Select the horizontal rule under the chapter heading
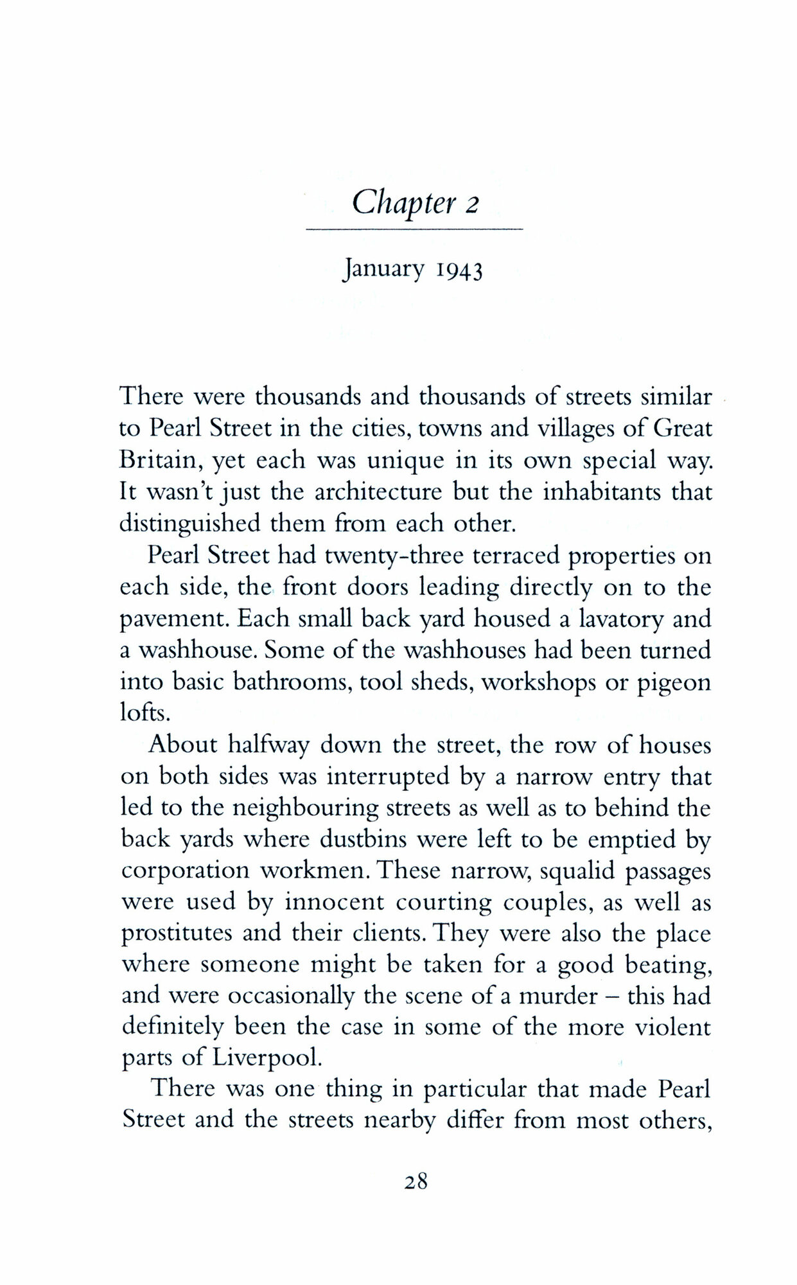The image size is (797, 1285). tap(414, 229)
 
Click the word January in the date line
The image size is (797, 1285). tap(383, 269)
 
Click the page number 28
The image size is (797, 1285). tap(416, 1181)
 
